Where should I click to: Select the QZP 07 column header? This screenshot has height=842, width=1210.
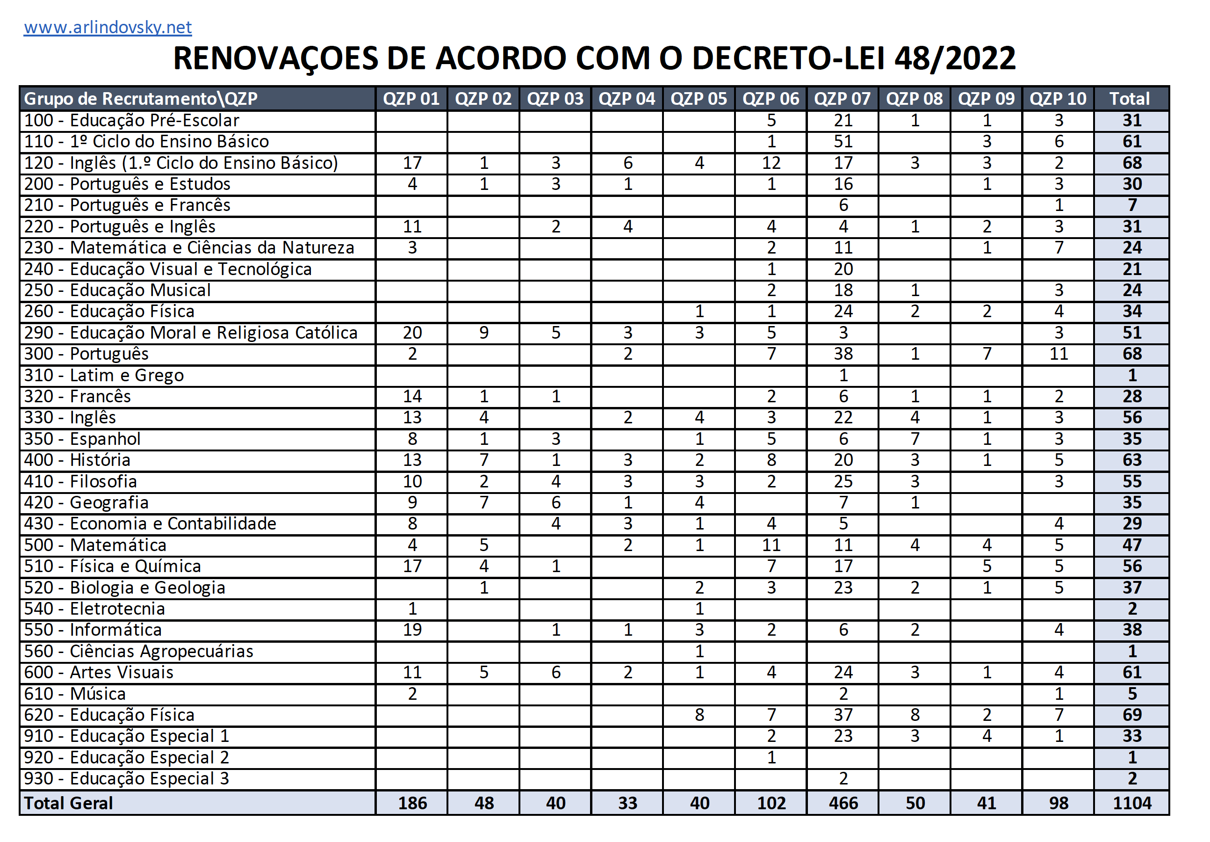click(x=842, y=99)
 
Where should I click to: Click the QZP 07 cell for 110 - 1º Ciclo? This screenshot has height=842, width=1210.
click(x=843, y=141)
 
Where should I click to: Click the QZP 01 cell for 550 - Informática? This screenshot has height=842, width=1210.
click(x=412, y=630)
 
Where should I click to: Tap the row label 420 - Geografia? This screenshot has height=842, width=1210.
click(x=86, y=502)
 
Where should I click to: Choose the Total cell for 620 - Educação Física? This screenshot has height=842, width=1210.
click(x=1131, y=714)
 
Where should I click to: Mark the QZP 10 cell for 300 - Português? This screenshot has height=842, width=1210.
click(x=1058, y=354)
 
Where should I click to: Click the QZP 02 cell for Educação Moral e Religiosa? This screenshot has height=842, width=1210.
click(x=484, y=333)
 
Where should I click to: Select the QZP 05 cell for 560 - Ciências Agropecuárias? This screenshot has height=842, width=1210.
click(x=699, y=651)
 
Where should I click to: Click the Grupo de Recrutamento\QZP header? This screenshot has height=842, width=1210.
click(x=141, y=99)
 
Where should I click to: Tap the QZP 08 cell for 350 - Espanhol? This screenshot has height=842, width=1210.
click(x=915, y=439)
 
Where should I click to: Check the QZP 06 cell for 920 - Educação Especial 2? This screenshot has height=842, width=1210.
click(x=771, y=757)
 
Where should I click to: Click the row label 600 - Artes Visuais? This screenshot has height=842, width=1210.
click(x=99, y=672)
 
